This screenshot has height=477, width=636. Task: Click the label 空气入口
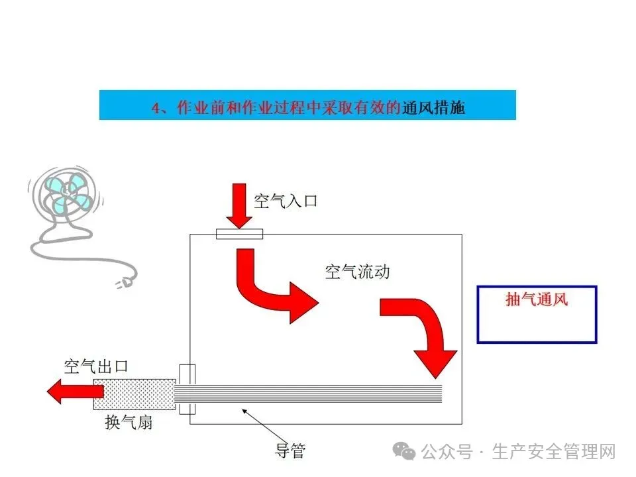point(286,201)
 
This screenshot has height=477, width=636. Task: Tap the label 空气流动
point(357,272)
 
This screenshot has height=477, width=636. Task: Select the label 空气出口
point(95,366)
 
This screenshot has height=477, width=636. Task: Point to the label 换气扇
point(129,422)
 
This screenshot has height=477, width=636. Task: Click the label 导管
point(290,451)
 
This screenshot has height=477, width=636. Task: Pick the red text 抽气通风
point(537,299)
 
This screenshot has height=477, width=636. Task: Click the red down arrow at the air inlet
point(238,206)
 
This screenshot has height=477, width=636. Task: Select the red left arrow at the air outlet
point(70,392)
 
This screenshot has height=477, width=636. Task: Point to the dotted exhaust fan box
point(134,394)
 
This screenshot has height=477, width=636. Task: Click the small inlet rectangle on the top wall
point(239,234)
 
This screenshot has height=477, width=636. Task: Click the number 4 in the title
point(156,107)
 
